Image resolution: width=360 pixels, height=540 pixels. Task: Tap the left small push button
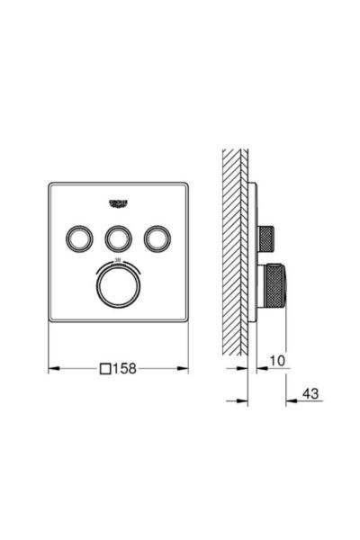pyautogui.click(x=76, y=238)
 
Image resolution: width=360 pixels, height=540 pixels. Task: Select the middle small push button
pyautogui.click(x=118, y=238)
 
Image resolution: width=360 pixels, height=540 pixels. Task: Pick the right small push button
pyautogui.click(x=159, y=238)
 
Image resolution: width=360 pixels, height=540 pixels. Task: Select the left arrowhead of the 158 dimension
pyautogui.click(x=52, y=368)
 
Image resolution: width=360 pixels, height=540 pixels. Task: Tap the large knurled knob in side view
pyautogui.click(x=273, y=290)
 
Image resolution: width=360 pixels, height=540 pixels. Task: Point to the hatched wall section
pyautogui.click(x=237, y=252)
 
